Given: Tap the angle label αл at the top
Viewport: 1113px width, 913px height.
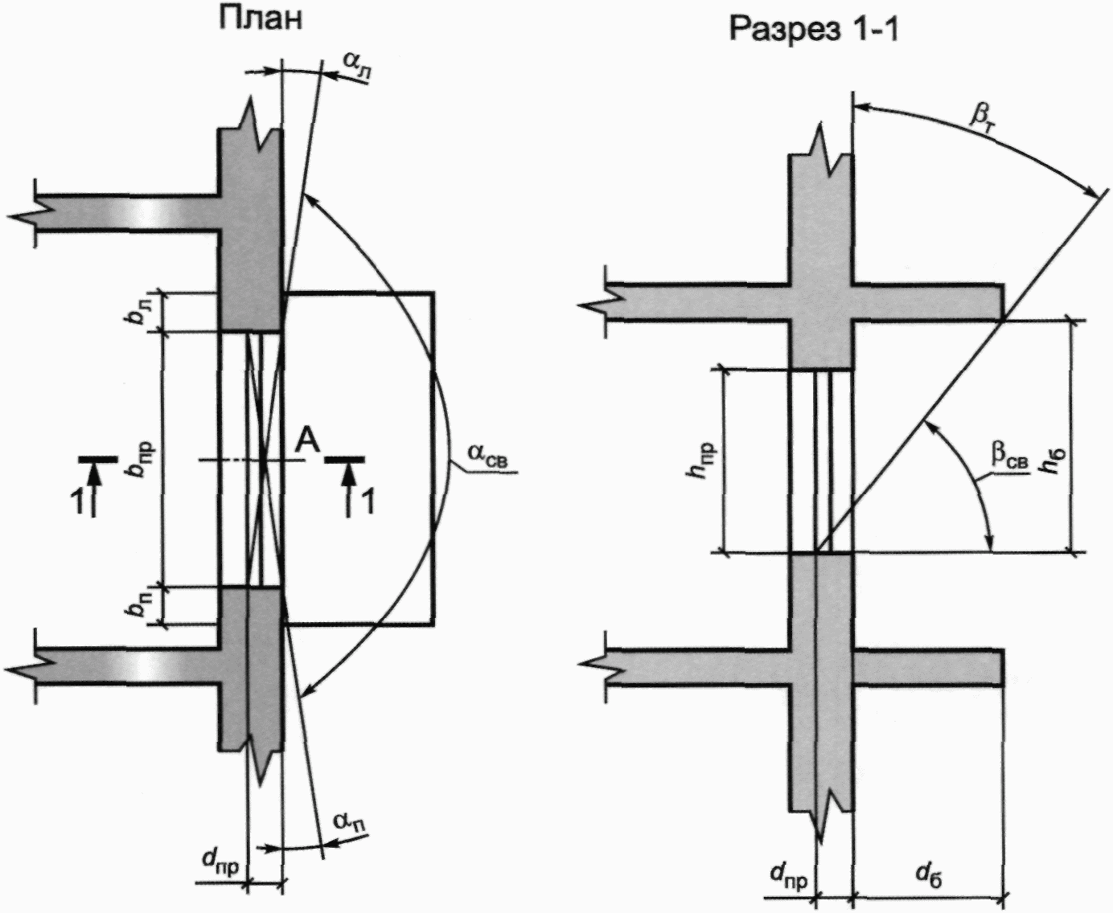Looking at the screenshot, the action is click(x=357, y=67).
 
